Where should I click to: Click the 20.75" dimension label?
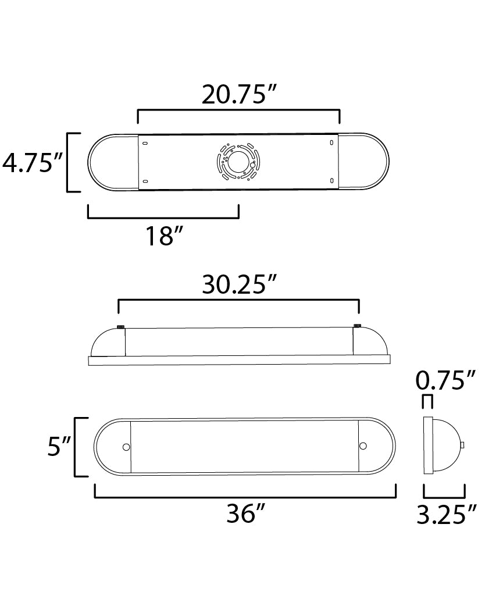(x=240, y=94)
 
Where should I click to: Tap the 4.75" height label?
(x=33, y=162)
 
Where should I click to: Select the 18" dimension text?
(x=164, y=236)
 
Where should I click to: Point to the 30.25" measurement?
(x=240, y=284)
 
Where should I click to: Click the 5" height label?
(x=59, y=447)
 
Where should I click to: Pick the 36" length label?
(x=246, y=514)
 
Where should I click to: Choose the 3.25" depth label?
(x=447, y=514)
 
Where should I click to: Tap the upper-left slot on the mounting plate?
(x=145, y=144)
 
